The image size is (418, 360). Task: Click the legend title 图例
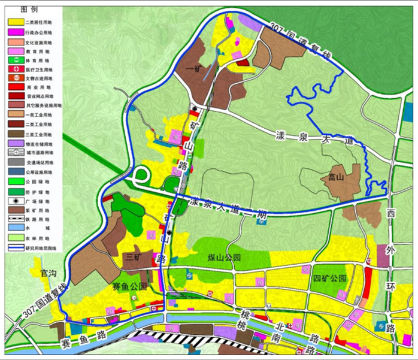pyautogui.click(x=29, y=10)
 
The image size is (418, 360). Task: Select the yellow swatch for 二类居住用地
pyautogui.click(x=14, y=22)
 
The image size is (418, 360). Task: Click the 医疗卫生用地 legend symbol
pyautogui.click(x=14, y=75)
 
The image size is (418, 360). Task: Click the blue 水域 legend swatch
pyautogui.click(x=14, y=228)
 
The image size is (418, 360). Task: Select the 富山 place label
pyautogui.click(x=336, y=177)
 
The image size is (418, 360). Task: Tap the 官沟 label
pyautogui.click(x=47, y=274)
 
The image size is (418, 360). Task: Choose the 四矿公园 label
pyautogui.click(x=329, y=279)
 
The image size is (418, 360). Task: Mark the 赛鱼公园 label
pyautogui.click(x=129, y=287)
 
